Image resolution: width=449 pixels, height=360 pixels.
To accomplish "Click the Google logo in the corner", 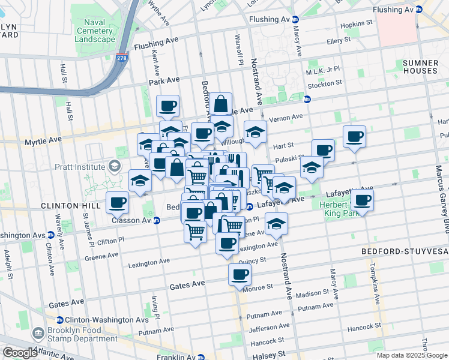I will click(x=20, y=353).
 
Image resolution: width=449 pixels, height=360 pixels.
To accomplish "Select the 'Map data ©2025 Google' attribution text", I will click(x=412, y=355).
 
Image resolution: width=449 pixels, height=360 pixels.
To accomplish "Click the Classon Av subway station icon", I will click(x=157, y=221).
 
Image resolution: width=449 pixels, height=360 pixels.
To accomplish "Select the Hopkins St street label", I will click(x=356, y=26).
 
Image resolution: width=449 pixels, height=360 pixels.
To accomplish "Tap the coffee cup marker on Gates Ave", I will click(x=240, y=275).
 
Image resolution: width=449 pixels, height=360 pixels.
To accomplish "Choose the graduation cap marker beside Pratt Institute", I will click(x=140, y=181).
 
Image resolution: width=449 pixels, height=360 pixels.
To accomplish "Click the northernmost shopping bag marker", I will click(x=221, y=104).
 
